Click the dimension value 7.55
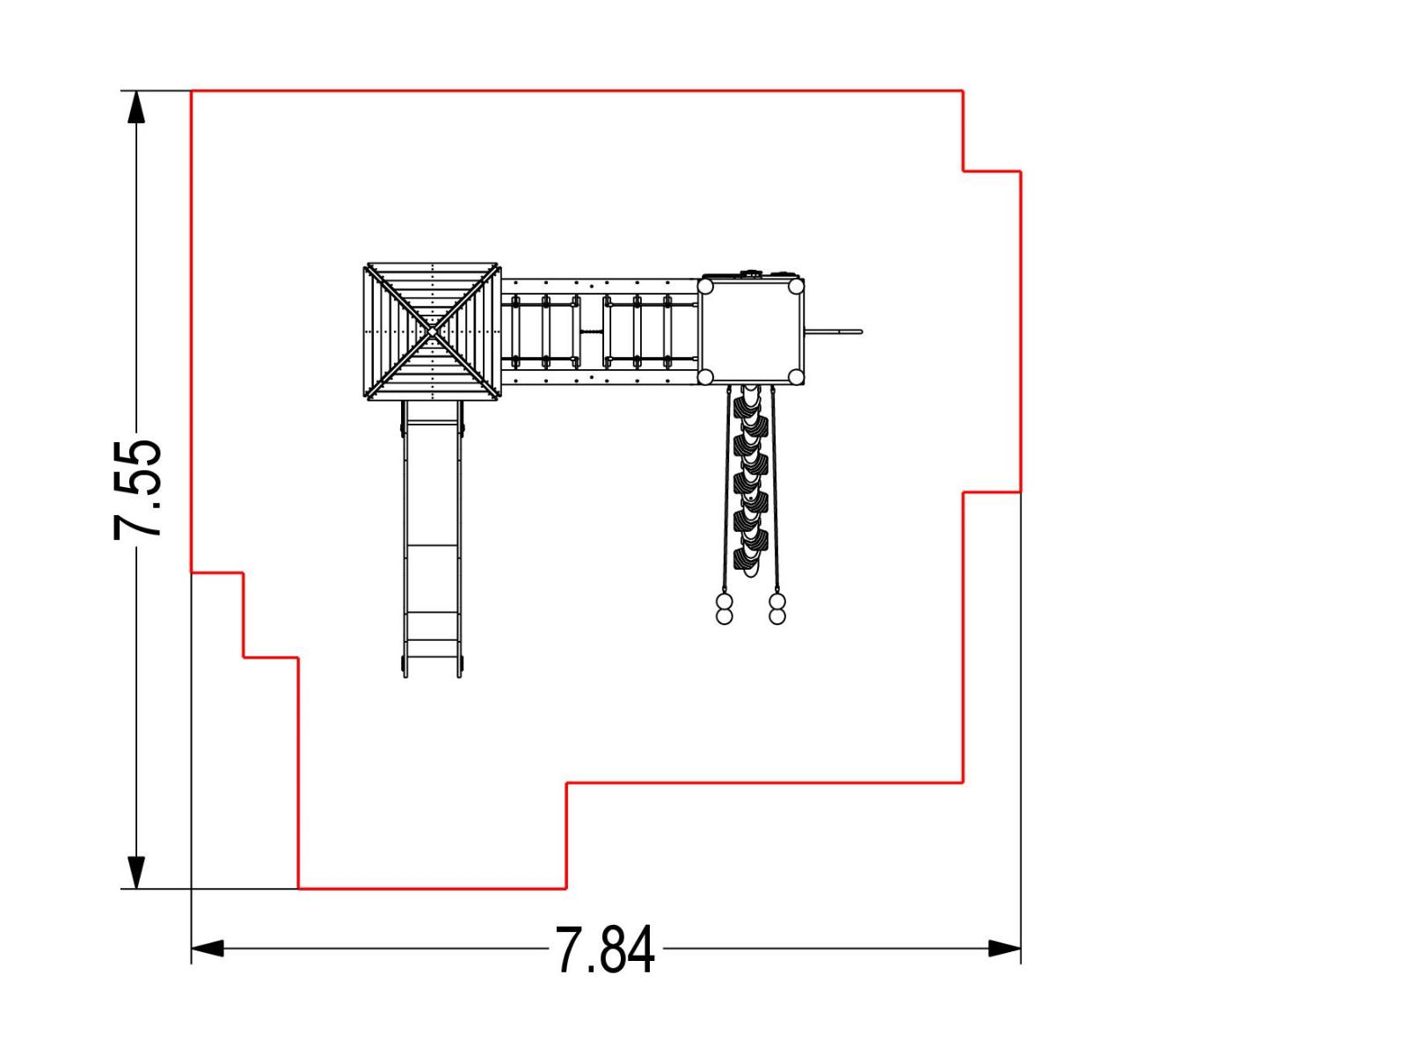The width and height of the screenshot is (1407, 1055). pos(137,490)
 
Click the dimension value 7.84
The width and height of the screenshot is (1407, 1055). pos(604,950)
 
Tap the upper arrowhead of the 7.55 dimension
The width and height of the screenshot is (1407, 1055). pos(136,106)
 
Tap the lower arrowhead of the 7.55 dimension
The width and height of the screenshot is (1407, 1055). pos(136,873)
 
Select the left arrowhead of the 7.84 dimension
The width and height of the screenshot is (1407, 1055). pos(208,949)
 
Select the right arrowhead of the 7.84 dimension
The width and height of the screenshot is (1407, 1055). pos(1004,949)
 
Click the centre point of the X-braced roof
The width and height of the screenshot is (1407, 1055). pos(432,331)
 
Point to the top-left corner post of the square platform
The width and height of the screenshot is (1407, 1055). pos(705,287)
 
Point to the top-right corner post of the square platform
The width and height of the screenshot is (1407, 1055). pos(796,287)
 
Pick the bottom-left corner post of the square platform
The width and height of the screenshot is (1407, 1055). pos(705,377)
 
